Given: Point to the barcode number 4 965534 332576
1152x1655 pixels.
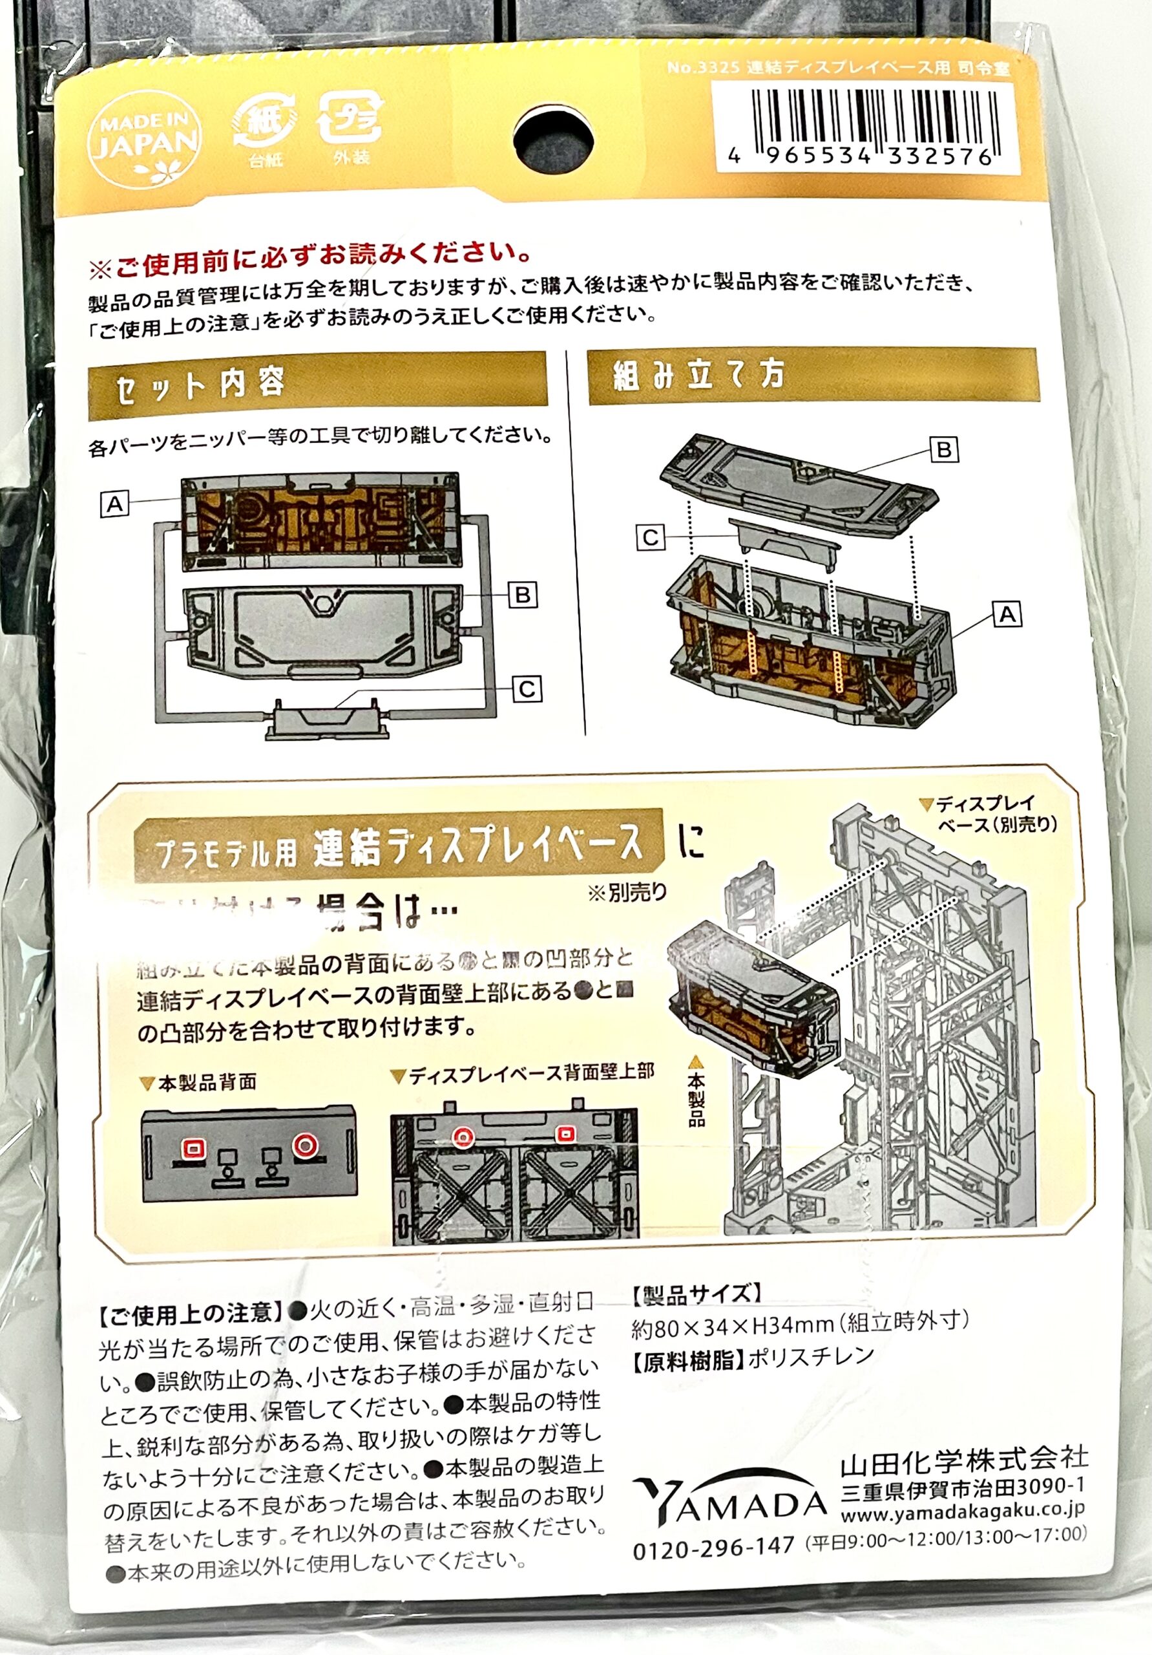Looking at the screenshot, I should coord(862,156).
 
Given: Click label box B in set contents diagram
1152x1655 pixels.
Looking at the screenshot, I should coord(522,595).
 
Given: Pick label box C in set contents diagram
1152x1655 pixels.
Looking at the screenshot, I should coord(527,690).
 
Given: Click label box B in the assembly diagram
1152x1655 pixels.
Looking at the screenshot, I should coord(944,450).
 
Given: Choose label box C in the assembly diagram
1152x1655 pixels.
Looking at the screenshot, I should coord(651,538).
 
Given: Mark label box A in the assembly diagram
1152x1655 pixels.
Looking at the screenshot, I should coord(1007,615).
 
